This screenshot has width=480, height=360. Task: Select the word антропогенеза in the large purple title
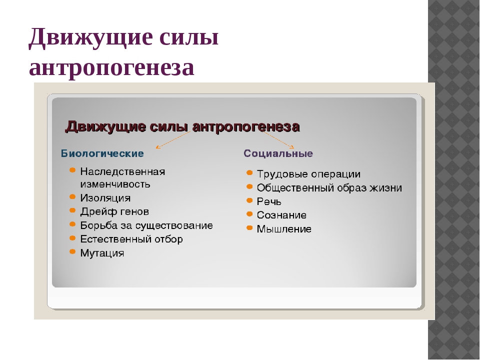pos(111,67)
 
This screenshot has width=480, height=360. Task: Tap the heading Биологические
pos(102,153)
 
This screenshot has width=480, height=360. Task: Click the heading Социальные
pos(278,153)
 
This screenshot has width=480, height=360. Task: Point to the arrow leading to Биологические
pos(173,140)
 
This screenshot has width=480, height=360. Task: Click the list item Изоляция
pos(105,198)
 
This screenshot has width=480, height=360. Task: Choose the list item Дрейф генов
pos(114,211)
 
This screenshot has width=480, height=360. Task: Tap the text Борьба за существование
pos(146,225)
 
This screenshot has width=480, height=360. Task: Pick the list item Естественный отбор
pos(131,239)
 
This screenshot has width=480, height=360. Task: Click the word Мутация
pos(102,253)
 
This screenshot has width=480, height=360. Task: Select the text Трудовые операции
pos(308,174)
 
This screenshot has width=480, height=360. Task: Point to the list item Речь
pos(269,201)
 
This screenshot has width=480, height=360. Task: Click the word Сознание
pos(281,215)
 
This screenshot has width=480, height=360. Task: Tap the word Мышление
pos(284,228)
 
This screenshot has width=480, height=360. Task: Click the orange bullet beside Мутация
pos(72,251)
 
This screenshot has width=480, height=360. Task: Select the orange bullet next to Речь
pos(249,200)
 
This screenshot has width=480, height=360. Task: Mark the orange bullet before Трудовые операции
pos(249,173)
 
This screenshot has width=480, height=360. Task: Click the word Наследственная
pos(122,171)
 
